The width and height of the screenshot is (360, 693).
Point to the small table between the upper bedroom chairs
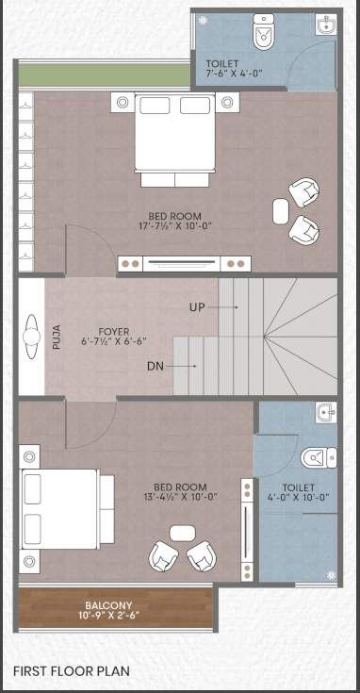coord(281,211)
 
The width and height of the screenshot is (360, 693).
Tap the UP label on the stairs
coord(197,306)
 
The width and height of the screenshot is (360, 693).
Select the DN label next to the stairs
coord(156,365)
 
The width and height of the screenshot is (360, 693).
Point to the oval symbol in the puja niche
coord(30,337)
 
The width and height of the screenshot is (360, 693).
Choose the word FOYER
coord(114,332)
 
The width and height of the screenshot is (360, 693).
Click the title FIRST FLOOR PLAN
coord(72,671)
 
